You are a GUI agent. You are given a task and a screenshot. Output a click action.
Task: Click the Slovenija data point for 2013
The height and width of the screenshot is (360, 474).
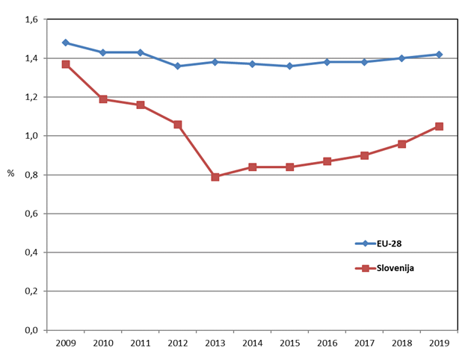coord(215,177)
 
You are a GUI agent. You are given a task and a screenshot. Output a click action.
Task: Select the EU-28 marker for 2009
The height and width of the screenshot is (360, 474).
coord(66,43)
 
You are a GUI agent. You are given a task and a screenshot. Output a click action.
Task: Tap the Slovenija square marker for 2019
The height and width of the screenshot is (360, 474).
coord(439,126)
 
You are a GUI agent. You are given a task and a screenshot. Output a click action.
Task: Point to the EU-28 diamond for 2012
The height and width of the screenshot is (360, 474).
coord(178,66)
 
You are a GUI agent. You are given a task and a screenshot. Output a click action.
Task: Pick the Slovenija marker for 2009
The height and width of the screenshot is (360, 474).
coord(66,64)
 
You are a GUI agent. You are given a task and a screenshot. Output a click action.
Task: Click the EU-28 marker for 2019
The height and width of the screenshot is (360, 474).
coord(439,55)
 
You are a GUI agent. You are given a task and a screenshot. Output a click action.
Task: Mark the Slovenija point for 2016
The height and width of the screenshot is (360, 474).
coord(327,161)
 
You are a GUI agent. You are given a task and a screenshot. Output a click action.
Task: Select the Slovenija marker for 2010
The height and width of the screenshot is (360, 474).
coord(103,99)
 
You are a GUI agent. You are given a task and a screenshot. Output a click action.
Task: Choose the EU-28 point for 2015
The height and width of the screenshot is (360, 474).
coord(289,66)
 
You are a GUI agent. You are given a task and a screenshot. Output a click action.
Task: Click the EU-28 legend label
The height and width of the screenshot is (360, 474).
coord(389,243)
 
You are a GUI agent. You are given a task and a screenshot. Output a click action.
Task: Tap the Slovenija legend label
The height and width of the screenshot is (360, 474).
coord(395,268)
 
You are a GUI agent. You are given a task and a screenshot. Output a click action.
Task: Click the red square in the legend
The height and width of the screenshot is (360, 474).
coord(365,268)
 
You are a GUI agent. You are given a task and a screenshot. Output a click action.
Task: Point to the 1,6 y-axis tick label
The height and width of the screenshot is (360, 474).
coord(31,19)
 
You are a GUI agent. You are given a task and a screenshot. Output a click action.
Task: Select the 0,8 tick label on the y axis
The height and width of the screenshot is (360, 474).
coord(31,175)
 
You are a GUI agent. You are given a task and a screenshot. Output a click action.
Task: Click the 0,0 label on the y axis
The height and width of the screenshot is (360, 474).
coord(31,330)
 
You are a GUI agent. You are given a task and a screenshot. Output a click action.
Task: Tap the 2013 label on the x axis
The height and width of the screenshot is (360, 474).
coord(215,343)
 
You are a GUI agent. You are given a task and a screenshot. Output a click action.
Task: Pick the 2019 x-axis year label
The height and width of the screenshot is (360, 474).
coord(439,343)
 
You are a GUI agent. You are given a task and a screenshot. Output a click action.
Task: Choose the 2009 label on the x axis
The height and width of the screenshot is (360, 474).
coord(66,343)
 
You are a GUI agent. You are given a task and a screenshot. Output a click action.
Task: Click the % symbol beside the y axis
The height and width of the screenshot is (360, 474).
coord(11,173)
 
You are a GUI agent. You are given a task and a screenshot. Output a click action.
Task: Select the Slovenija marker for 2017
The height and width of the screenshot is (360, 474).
coord(364,155)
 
